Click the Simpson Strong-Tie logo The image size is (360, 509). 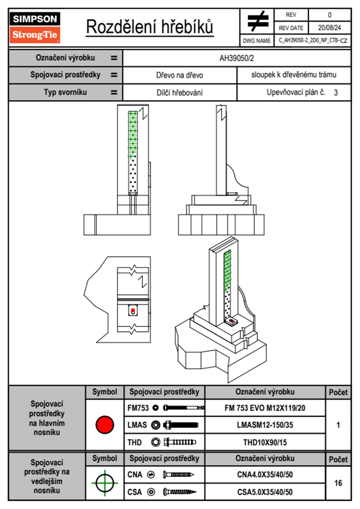click(x=35, y=28)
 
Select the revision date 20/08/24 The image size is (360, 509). click(x=329, y=28)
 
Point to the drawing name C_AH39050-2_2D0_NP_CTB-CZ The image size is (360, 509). click(x=313, y=41)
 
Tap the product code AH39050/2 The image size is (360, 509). click(x=237, y=58)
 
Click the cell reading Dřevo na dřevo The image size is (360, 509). click(x=179, y=75)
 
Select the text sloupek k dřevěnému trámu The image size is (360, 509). click(x=293, y=75)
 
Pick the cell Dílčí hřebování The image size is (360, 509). click(x=179, y=93)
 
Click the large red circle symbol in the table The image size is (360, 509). click(x=105, y=424)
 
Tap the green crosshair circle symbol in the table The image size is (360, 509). click(x=105, y=483)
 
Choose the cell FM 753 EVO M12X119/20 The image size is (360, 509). click(x=265, y=408)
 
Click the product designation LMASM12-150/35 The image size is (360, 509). click(x=265, y=425)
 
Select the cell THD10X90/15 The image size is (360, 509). click(x=265, y=442)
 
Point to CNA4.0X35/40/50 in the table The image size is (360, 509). click(x=265, y=475)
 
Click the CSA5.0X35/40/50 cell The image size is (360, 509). click(x=265, y=492)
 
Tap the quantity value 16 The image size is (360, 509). click(x=338, y=483)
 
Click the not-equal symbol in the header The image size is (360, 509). click(x=257, y=21)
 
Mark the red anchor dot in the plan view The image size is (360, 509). click(x=133, y=310)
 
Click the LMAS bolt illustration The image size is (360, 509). click(x=181, y=425)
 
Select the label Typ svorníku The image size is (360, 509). click(x=65, y=92)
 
